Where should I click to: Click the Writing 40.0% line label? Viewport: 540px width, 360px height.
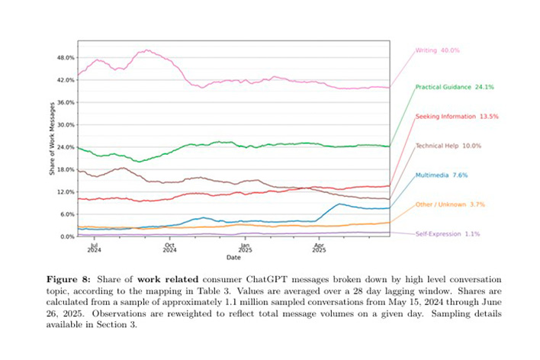(438, 50)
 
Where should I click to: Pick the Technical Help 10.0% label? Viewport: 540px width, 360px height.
(448, 145)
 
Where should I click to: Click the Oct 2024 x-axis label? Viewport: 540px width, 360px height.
(169, 246)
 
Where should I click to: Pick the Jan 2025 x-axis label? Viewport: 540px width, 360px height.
(245, 246)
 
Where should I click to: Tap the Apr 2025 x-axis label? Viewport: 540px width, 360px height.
(318, 246)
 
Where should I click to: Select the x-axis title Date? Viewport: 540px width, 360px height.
(233, 256)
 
